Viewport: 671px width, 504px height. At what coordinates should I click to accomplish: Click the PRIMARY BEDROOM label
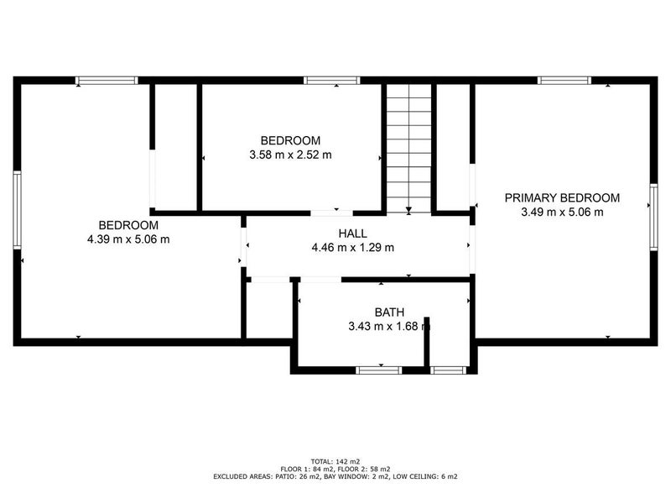click(x=561, y=198)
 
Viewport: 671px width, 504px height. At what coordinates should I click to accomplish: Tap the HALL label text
click(x=352, y=234)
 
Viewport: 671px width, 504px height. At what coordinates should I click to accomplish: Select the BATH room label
click(x=388, y=312)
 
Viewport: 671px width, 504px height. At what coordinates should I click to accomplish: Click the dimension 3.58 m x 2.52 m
click(x=290, y=155)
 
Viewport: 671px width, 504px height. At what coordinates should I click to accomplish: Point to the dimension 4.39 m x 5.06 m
click(x=128, y=239)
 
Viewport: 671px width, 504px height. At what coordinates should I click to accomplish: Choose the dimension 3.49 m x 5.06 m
click(x=561, y=213)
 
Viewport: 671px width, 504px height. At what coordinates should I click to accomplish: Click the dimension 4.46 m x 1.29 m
click(x=352, y=248)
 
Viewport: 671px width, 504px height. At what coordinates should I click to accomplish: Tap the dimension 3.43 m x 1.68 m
click(x=388, y=327)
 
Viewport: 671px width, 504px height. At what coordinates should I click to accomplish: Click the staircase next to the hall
click(x=408, y=147)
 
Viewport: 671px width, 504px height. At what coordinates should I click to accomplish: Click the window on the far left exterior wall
click(x=17, y=210)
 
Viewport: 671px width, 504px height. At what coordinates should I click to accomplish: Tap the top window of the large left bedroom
click(x=107, y=81)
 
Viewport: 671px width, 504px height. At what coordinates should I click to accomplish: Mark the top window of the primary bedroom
click(x=564, y=81)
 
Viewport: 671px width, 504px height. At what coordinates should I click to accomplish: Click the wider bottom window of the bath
click(x=379, y=370)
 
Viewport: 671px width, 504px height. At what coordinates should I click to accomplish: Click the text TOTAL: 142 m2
click(x=335, y=461)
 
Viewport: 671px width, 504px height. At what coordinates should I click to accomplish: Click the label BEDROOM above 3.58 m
click(x=290, y=140)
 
